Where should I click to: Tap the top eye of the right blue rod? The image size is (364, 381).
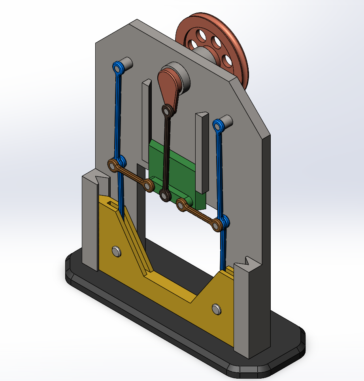[217, 125]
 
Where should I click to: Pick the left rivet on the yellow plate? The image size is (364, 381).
[116, 250]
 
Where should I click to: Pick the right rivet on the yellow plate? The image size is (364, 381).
[216, 308]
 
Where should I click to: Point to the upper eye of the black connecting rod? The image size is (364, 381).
[167, 111]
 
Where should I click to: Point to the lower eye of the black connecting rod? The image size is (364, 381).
[164, 195]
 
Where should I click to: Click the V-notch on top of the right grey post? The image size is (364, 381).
[249, 262]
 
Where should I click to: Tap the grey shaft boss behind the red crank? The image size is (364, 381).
[183, 77]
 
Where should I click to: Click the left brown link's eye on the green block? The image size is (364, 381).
[149, 185]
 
